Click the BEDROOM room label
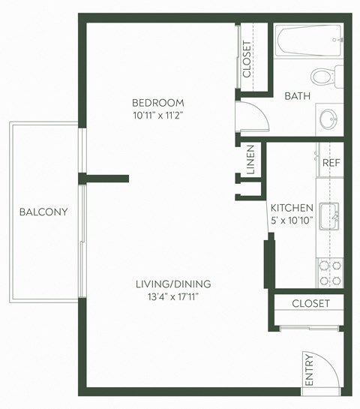(157, 103)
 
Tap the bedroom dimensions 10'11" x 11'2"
(157, 116)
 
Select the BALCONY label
(43, 212)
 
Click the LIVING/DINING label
(173, 284)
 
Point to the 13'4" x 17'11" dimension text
(173, 297)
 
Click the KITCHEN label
(291, 208)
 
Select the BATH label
(298, 96)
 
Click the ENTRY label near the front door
(308, 371)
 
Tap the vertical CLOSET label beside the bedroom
(247, 59)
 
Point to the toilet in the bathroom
(324, 76)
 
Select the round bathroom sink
(328, 119)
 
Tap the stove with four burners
(329, 272)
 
